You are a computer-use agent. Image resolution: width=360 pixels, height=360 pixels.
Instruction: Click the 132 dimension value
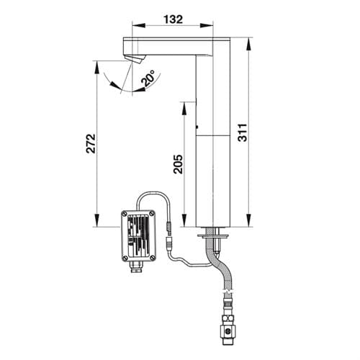tap(173, 19)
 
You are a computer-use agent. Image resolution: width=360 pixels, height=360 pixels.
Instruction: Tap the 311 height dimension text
tap(243, 132)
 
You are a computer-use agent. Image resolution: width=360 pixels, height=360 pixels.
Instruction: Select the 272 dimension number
tap(91, 143)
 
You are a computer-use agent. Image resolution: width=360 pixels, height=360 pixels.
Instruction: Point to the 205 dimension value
tap(178, 164)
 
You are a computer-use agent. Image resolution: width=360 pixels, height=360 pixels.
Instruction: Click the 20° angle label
tap(148, 78)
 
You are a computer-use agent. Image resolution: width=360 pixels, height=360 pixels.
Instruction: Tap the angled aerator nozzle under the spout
tap(135, 59)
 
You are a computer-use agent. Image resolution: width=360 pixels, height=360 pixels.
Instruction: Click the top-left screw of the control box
tap(125, 214)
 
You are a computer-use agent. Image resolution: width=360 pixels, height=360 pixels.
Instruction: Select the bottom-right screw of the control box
tap(152, 258)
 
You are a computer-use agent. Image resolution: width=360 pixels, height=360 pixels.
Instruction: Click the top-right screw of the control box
tap(152, 213)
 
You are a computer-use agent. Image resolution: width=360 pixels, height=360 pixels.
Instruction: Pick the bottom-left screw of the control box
tap(125, 258)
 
